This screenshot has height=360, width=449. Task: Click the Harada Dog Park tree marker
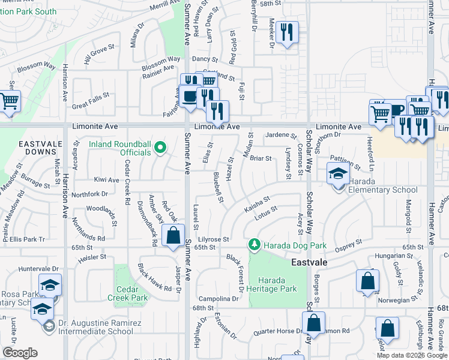255,245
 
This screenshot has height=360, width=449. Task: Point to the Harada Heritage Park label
277,284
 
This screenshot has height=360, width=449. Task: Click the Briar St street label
261,158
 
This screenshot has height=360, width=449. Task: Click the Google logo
20,353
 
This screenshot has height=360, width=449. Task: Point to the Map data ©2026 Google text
412,355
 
